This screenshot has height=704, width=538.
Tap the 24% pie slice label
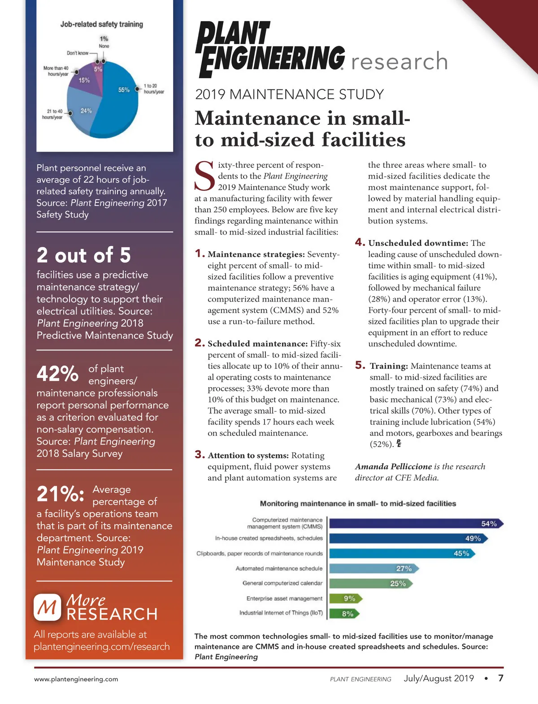point(86,111)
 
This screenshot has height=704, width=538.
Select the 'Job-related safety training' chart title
point(102,24)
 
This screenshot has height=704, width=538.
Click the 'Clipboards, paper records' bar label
point(260,553)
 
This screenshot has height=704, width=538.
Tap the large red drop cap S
point(205,176)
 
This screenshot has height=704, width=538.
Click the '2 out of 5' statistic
point(84,255)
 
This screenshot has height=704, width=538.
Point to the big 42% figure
point(57,373)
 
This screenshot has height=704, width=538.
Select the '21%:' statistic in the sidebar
point(60,494)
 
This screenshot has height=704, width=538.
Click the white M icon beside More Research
point(47,608)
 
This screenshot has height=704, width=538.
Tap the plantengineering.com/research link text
point(102,647)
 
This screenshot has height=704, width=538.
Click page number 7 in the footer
point(501,678)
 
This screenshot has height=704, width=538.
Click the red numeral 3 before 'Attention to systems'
point(200,455)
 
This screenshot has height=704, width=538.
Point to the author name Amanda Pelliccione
point(393,467)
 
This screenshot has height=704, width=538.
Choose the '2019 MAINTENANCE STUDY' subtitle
point(290,95)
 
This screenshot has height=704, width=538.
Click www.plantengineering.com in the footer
point(76,679)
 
